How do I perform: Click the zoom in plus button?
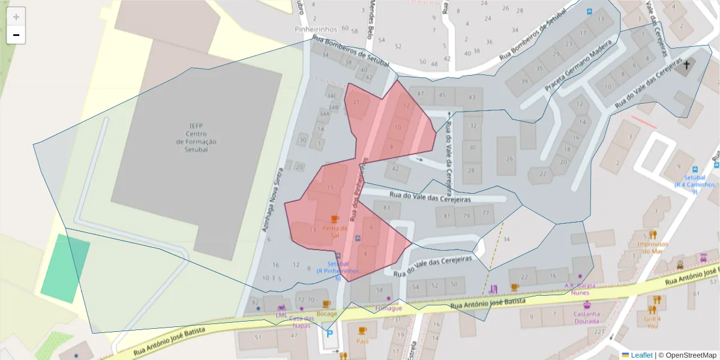[16, 16]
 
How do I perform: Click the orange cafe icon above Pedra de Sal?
[335, 219]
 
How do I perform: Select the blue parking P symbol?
[329, 334]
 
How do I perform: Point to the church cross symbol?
[686, 64]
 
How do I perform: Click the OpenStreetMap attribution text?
[687, 355]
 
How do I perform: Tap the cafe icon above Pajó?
[362, 331]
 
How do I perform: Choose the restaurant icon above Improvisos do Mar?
[653, 235]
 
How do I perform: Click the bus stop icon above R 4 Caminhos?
[695, 169]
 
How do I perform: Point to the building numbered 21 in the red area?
[356, 102]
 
